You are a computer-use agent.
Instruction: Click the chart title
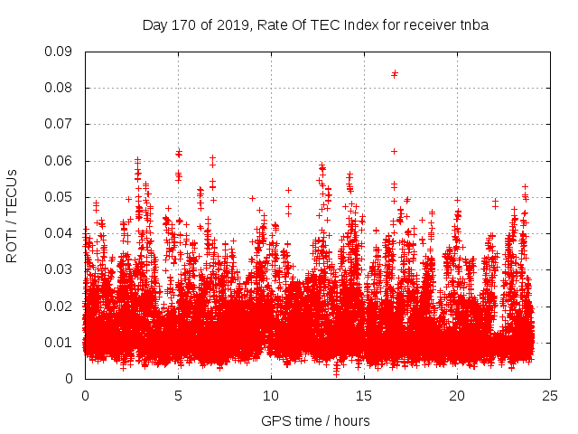click(x=315, y=24)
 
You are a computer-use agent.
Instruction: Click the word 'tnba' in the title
click(x=473, y=24)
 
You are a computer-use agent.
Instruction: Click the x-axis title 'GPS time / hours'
click(x=315, y=420)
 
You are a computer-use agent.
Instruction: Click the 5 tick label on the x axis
click(x=178, y=395)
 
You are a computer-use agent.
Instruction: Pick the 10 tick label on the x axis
click(x=271, y=395)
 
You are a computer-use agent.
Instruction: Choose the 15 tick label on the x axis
click(x=364, y=395)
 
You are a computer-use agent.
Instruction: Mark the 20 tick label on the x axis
click(x=457, y=395)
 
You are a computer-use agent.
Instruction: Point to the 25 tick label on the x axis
click(x=550, y=395)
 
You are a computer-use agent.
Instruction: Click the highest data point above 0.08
click(x=395, y=73)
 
